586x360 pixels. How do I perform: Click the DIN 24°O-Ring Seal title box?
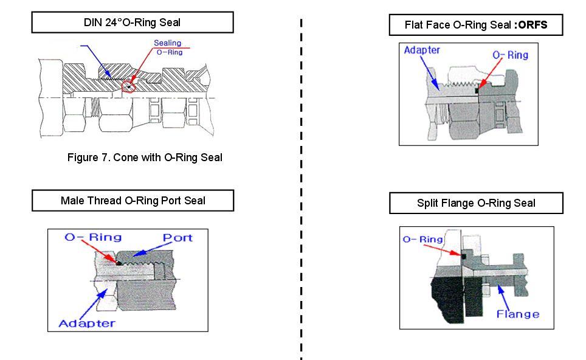[x=132, y=23]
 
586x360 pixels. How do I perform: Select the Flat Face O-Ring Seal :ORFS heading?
[x=475, y=26]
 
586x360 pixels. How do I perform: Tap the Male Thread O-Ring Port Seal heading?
[x=133, y=201]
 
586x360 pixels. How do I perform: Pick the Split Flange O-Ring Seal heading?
[x=476, y=203]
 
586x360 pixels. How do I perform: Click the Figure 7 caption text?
[x=145, y=157]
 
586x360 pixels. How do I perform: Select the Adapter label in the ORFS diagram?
[x=421, y=50]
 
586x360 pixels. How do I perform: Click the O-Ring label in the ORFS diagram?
[x=510, y=55]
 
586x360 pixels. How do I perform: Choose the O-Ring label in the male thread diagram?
[x=93, y=237]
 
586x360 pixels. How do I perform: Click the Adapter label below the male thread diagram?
[x=86, y=323]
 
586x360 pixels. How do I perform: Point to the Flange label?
[x=518, y=314]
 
